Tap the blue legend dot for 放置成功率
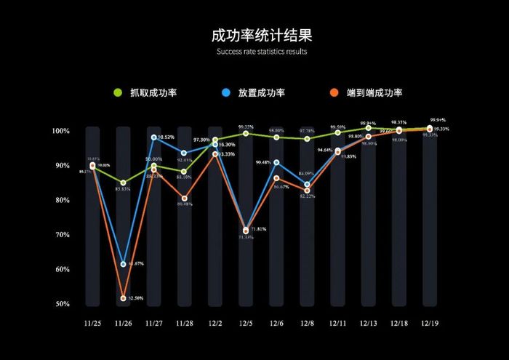pos(226,93)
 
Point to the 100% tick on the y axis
pos(60,131)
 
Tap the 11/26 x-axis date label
pos(123,324)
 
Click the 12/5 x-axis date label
pos(246,324)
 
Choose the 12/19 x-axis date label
pos(430,324)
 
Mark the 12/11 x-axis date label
pos(337,324)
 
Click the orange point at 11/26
pos(123,298)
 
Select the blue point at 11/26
pos(123,263)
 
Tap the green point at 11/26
pos(123,183)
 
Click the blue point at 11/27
pos(154,137)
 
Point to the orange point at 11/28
pos(185,199)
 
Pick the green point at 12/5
pos(246,133)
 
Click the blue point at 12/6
pos(276,162)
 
